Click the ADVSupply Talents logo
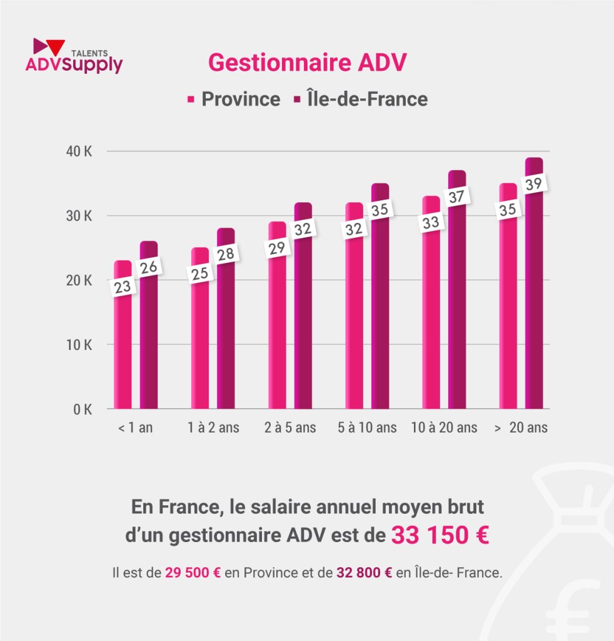74,57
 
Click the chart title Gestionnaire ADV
307,63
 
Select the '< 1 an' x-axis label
135,428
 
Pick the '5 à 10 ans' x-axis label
366,428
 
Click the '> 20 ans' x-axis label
520,428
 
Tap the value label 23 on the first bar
123,286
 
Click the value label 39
533,185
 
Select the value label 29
277,248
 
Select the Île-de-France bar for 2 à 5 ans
303,332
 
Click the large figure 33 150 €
440,536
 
